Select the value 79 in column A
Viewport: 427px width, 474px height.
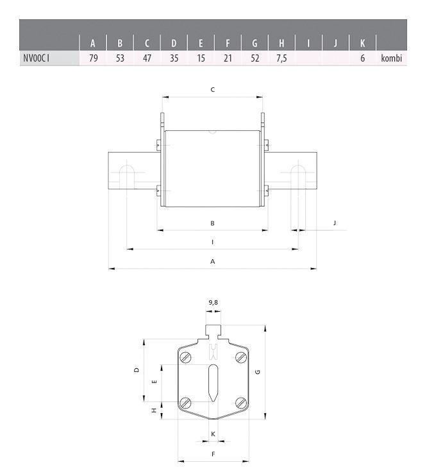click(93, 58)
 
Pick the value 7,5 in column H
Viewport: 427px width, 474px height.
click(281, 58)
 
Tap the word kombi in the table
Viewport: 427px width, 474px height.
click(390, 58)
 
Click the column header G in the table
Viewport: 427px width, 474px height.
click(255, 44)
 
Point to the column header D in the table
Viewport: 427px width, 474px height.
click(174, 44)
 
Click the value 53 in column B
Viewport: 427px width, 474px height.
click(120, 58)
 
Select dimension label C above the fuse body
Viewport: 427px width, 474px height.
click(212, 90)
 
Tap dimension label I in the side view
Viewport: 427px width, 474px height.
click(212, 242)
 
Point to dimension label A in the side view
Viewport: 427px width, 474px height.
click(212, 262)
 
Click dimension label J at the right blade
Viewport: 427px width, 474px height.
click(335, 223)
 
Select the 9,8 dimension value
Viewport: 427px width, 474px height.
click(213, 301)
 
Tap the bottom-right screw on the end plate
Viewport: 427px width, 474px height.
click(241, 402)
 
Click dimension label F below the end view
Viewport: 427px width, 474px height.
click(213, 454)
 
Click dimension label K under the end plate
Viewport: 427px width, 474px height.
click(213, 434)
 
